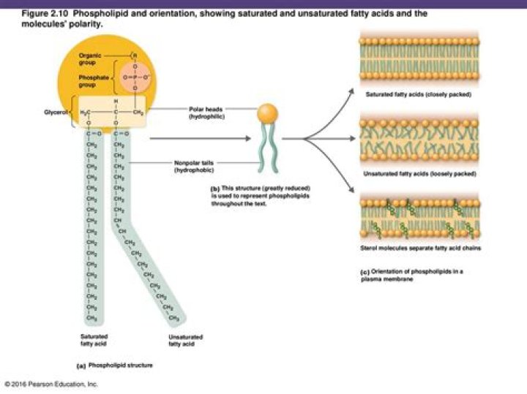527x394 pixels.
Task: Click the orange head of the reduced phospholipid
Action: tap(266, 113)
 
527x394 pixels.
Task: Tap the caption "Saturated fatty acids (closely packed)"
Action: tap(419, 94)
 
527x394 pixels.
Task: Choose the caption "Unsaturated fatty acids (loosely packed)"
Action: tap(419, 174)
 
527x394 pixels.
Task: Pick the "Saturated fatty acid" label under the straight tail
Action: tap(92, 339)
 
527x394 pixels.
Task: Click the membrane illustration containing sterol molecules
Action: tap(419, 216)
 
